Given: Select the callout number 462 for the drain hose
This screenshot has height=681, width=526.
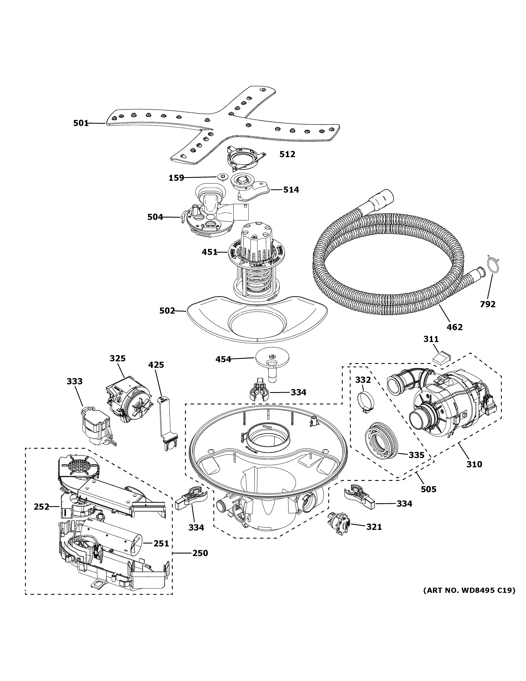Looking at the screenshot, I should coord(455,327).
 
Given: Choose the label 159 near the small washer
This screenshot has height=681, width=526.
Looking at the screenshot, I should coord(176,178).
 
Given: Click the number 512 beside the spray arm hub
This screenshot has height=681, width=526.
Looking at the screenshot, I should coord(287,154).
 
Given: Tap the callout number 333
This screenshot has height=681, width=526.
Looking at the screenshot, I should coord(75,381).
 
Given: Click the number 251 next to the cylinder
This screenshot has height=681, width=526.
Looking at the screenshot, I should coord(161,543).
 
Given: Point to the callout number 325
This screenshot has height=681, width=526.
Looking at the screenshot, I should coord(118,359).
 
